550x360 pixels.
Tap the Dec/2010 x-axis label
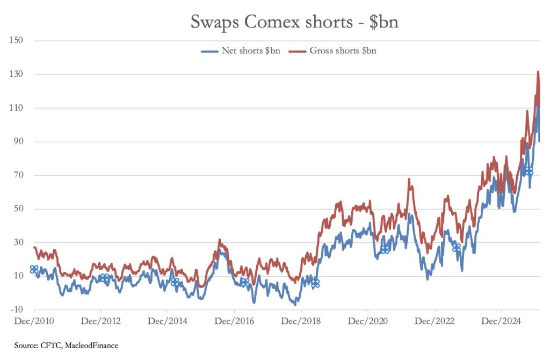click(34, 321)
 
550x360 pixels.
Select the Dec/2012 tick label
click(101, 321)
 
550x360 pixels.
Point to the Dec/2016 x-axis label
click(235, 321)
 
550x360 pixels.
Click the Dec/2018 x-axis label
click(301, 321)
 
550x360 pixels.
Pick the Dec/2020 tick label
click(368, 321)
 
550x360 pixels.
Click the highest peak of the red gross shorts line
click(538, 71)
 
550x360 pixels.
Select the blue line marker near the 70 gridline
click(529, 170)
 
